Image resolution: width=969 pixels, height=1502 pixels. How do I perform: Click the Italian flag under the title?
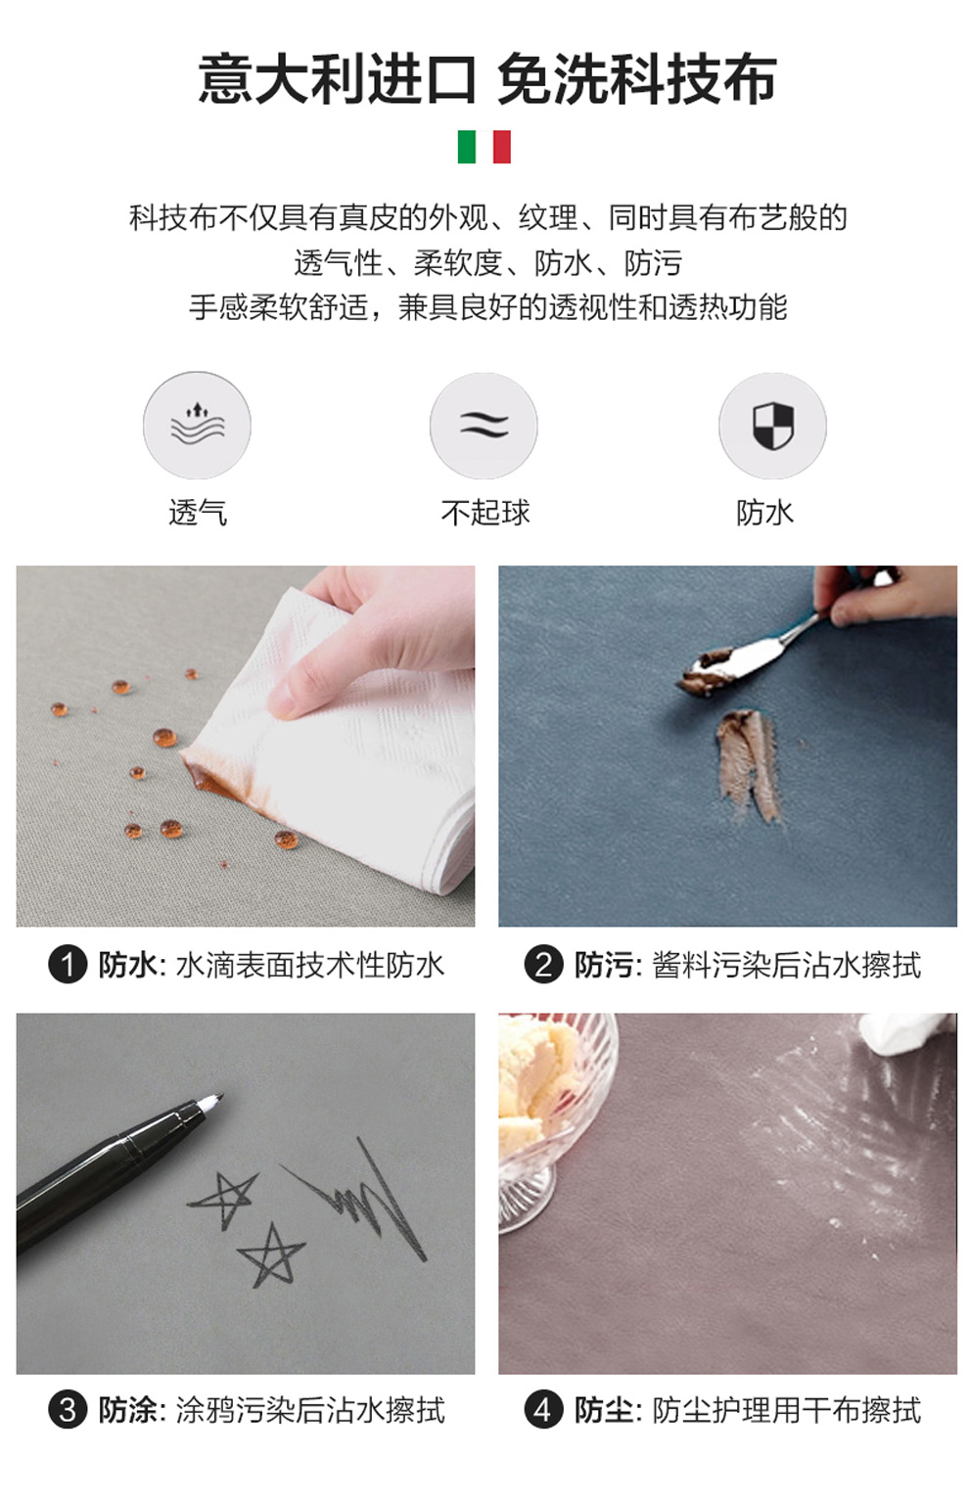click(484, 147)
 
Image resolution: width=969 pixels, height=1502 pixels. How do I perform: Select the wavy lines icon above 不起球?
click(484, 425)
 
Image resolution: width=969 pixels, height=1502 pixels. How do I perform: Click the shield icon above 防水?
click(773, 425)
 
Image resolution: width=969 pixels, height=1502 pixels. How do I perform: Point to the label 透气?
click(197, 513)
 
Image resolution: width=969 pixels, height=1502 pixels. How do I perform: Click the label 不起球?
click(484, 513)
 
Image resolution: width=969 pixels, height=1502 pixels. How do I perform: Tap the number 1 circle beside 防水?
click(68, 965)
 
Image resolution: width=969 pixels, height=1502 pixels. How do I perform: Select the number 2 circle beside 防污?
click(543, 965)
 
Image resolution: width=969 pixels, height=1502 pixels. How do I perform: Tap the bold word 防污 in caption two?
click(604, 965)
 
